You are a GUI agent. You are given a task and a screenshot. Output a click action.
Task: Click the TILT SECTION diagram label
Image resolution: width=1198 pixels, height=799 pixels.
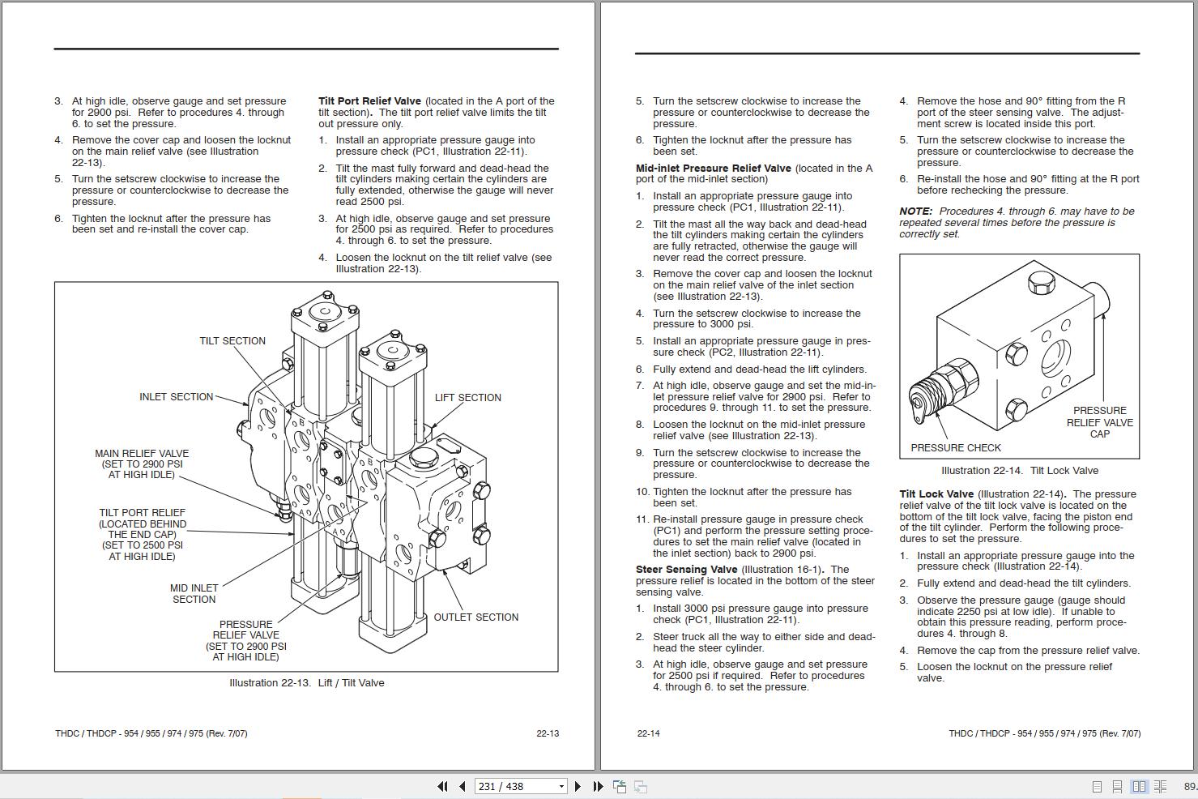(x=232, y=341)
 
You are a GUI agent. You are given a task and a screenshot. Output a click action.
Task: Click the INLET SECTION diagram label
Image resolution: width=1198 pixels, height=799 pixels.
(x=176, y=397)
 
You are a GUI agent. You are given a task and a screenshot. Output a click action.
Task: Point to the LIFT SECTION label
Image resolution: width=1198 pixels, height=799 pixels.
(x=467, y=398)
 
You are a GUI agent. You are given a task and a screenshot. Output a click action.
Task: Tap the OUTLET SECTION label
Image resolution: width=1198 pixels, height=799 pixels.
(x=475, y=617)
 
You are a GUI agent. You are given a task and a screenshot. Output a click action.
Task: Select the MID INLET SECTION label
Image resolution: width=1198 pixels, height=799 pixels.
(x=194, y=594)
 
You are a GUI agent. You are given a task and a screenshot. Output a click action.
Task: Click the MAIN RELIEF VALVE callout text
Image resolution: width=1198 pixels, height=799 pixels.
(x=142, y=464)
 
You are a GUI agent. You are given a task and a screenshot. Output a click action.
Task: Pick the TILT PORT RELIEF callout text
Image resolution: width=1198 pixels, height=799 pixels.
(x=142, y=535)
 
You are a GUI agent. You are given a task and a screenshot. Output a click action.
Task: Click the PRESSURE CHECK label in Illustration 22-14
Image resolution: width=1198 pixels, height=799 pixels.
(x=955, y=448)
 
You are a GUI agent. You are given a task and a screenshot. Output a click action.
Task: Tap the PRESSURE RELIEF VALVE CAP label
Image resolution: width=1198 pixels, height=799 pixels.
(x=1099, y=422)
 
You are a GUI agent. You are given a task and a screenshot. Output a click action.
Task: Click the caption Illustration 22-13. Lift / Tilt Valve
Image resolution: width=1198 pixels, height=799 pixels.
(x=306, y=683)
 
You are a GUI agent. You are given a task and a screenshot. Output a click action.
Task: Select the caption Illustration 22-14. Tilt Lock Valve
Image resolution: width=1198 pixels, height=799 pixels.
(x=1019, y=471)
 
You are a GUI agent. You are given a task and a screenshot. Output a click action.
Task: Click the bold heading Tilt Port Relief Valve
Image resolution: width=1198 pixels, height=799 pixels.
(x=369, y=101)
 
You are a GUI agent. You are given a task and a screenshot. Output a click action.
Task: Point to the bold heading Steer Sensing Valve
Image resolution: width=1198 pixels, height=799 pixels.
(x=686, y=570)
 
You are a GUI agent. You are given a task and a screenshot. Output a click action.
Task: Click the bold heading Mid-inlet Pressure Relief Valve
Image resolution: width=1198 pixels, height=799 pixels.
(x=713, y=169)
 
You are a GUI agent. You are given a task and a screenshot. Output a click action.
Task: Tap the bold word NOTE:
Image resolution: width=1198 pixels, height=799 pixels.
(x=915, y=211)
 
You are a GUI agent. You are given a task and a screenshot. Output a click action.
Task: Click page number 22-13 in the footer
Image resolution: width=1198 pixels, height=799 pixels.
(x=548, y=733)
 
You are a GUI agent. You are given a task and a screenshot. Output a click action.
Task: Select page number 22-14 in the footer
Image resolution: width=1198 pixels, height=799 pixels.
(x=648, y=733)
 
